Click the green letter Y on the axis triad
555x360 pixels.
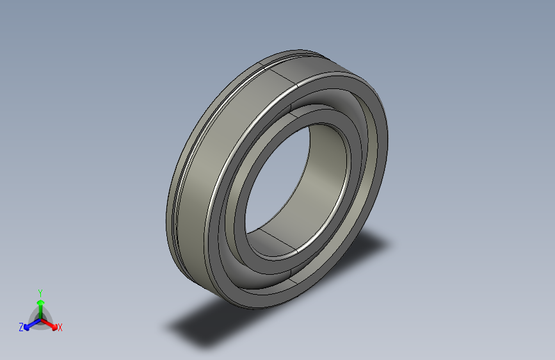pyautogui.click(x=40, y=291)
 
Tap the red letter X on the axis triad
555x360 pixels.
pyautogui.click(x=60, y=328)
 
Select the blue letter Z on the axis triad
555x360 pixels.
pyautogui.click(x=21, y=327)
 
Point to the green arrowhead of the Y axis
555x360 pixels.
pyautogui.click(x=40, y=302)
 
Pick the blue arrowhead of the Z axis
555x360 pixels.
pyautogui.click(x=28, y=325)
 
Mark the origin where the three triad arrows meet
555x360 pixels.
pyautogui.click(x=40, y=318)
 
